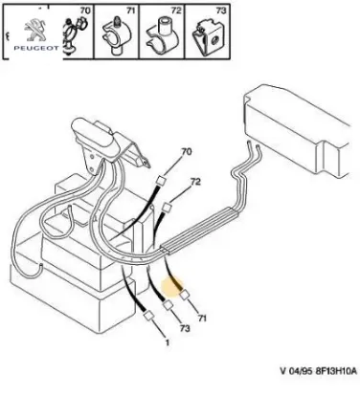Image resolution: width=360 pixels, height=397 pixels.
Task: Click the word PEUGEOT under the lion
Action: click(x=36, y=48)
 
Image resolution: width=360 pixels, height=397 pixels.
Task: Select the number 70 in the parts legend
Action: click(x=85, y=11)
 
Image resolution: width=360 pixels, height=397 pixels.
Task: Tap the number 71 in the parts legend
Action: click(x=131, y=11)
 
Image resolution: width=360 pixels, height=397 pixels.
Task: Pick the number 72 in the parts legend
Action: click(x=176, y=11)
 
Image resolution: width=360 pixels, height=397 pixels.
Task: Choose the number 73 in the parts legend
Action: click(x=221, y=11)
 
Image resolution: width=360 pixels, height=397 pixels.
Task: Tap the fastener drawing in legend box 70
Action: click(x=74, y=36)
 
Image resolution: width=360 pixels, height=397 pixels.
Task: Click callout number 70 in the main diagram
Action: click(x=186, y=152)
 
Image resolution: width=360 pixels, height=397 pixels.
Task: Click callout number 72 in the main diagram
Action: click(x=195, y=182)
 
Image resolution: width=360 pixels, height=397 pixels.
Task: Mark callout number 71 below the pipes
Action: click(x=202, y=318)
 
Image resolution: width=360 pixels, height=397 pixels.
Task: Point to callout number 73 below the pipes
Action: click(x=185, y=328)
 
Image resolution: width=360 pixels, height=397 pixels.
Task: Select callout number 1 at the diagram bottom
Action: click(x=167, y=342)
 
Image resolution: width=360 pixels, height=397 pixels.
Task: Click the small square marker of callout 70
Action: click(x=161, y=182)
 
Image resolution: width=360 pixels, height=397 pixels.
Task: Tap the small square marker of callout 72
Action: click(x=167, y=209)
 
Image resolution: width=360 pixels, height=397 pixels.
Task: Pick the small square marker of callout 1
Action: click(x=148, y=316)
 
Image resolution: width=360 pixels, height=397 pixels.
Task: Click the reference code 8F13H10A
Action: click(x=336, y=371)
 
